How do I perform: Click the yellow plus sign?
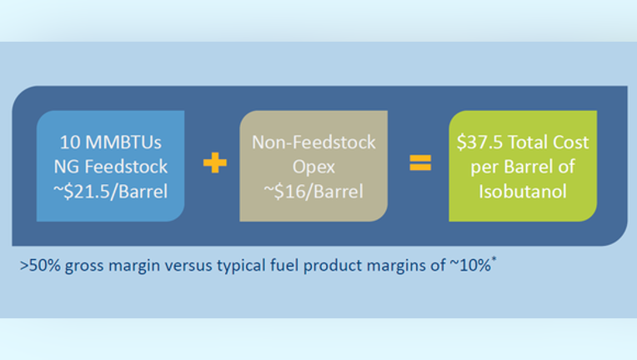[x=215, y=162]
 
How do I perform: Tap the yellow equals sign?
[x=420, y=162]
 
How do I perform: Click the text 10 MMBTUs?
[x=111, y=142]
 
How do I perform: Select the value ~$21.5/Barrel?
[x=111, y=191]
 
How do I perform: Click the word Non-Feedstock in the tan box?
[x=313, y=142]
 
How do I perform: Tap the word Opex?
[x=313, y=167]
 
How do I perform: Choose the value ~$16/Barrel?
[x=313, y=191]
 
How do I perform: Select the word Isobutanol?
[x=523, y=191]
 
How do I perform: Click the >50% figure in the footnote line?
[x=40, y=266]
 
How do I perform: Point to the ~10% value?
[x=470, y=266]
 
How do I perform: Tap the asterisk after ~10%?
[x=494, y=259]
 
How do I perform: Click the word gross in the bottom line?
[x=84, y=267]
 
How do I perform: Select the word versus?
[x=188, y=266]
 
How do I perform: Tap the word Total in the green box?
[x=527, y=142]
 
